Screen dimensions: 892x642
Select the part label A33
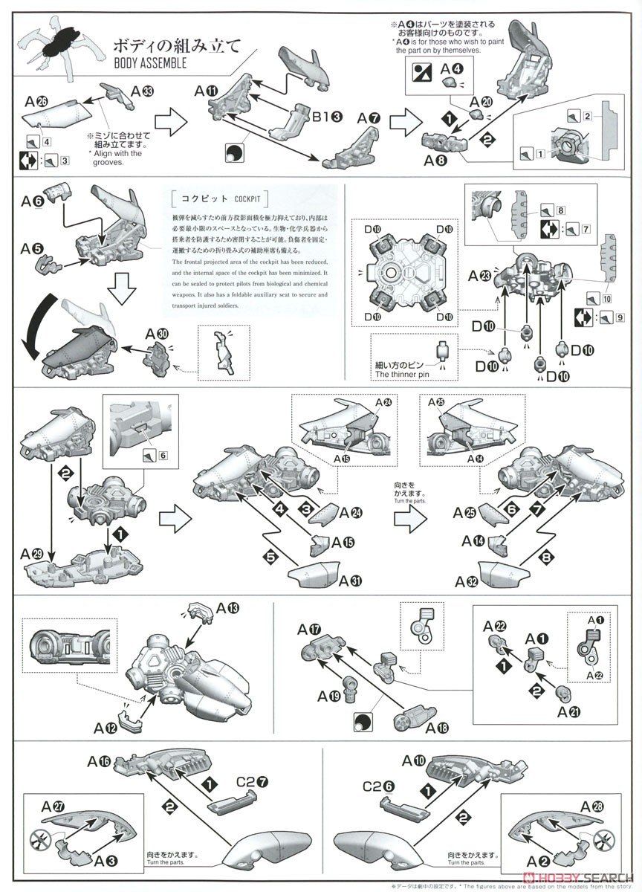click(143, 91)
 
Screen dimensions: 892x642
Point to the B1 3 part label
click(326, 117)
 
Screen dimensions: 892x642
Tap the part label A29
click(36, 554)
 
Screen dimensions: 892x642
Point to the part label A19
click(329, 697)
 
